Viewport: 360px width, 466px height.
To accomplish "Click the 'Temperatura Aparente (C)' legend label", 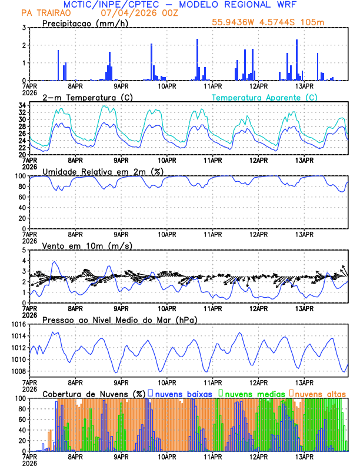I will pos(264,97).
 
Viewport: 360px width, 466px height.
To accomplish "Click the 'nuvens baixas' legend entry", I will pos(183,393).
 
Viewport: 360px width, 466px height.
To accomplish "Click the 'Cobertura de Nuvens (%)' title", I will pos(94,393).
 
